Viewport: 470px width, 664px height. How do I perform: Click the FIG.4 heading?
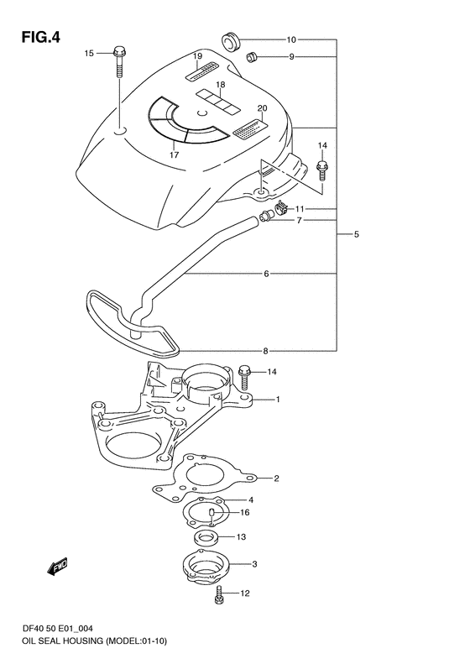[40, 38]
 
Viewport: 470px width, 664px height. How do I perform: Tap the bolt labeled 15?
[120, 62]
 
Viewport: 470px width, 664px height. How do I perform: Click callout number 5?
[356, 233]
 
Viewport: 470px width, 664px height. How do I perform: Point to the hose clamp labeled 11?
[280, 208]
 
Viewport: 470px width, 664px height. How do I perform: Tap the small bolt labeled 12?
[219, 594]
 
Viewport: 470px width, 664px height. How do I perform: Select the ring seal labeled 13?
[206, 539]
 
